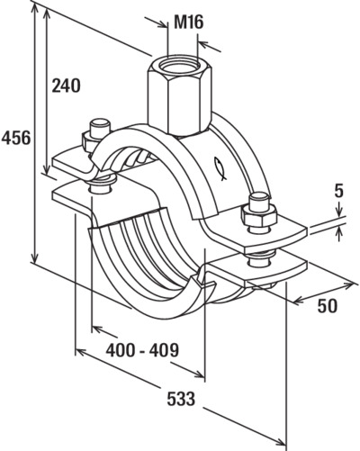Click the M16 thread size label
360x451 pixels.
[x=189, y=22]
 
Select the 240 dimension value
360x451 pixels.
[x=67, y=86]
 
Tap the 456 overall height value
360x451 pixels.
[x=16, y=138]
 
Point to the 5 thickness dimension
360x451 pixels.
[x=338, y=191]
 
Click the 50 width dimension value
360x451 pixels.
[x=328, y=306]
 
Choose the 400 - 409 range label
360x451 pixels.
[x=142, y=349]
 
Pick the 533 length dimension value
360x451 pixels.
[x=181, y=399]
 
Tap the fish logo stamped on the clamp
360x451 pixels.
[x=220, y=168]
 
